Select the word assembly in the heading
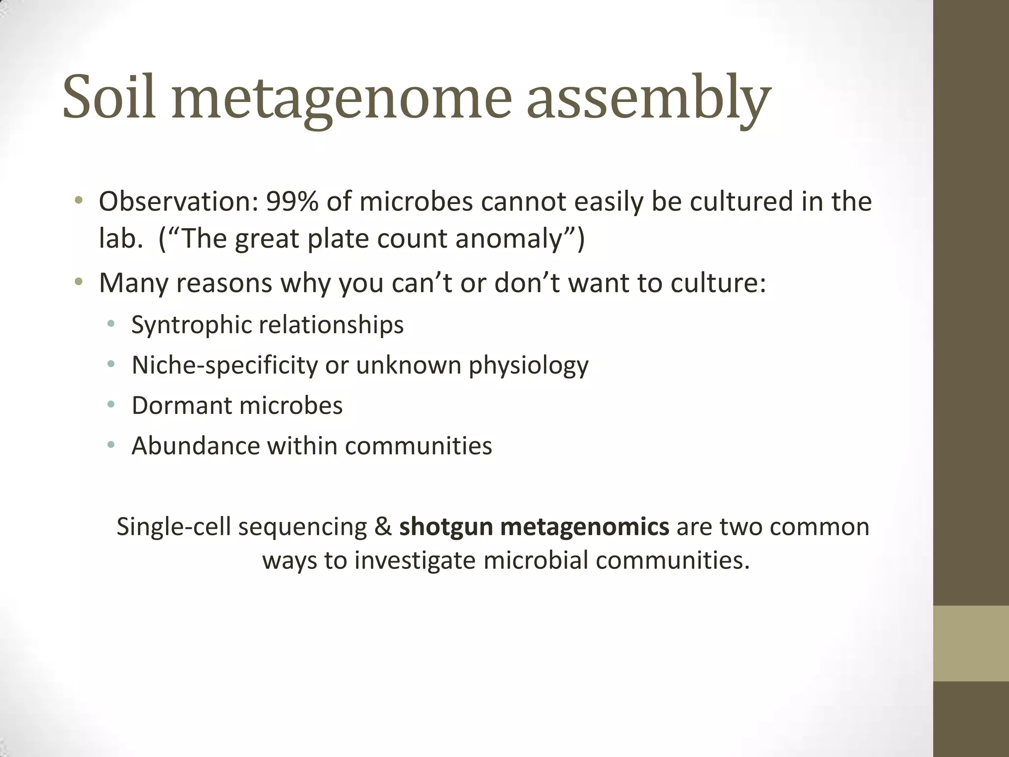(648, 99)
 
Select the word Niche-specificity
(225, 366)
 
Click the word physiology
(528, 366)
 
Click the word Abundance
(195, 446)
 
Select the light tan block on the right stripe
(971, 643)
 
